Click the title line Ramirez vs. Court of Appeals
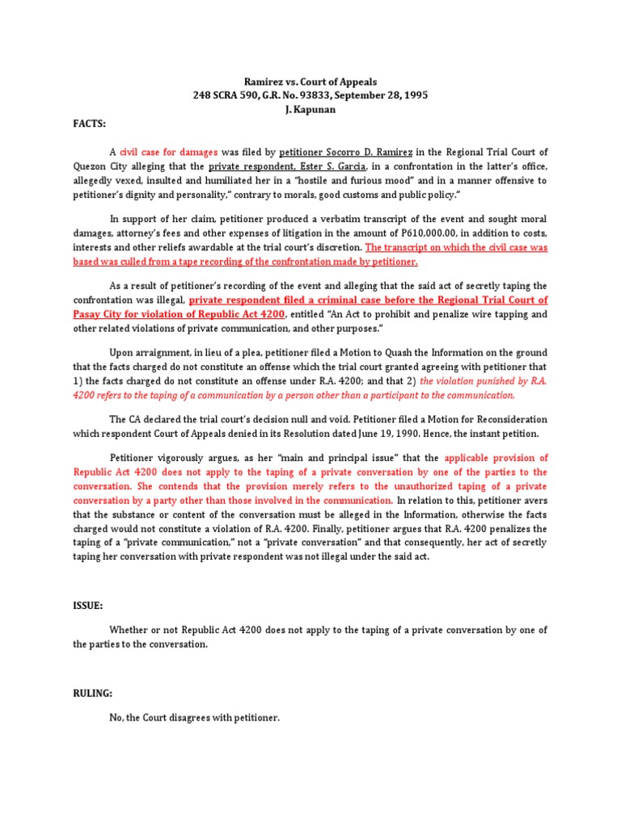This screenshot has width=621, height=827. [310, 82]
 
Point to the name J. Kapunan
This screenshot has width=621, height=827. [310, 109]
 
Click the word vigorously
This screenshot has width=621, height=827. [188, 458]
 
